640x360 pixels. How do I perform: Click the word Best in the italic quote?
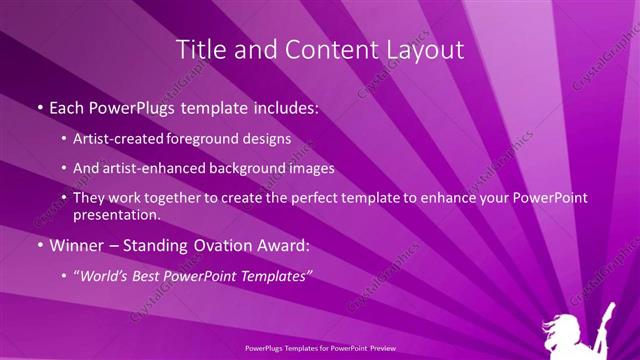158,276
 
